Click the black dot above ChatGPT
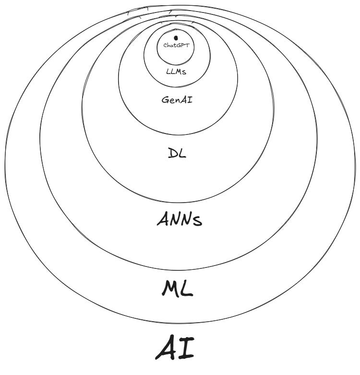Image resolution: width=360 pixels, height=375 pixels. (x=176, y=37)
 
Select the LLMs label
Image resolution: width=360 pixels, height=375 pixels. (x=176, y=71)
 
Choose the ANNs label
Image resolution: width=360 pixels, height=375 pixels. (x=180, y=219)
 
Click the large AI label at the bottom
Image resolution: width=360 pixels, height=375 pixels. (x=175, y=349)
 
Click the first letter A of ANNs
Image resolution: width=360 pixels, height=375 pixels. (x=163, y=219)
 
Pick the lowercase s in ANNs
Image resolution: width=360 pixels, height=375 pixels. (x=197, y=221)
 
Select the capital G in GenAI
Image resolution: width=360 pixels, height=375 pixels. (x=165, y=100)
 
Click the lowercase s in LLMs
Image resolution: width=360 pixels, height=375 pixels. (x=183, y=72)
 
